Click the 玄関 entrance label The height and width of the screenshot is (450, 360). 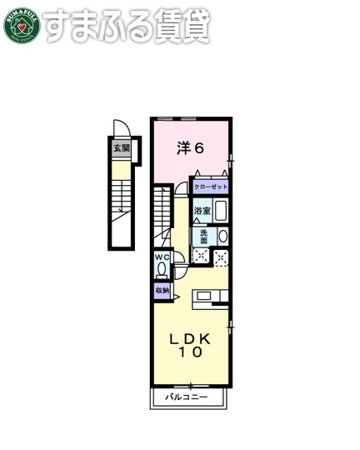click(122, 148)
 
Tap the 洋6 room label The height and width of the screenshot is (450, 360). click(190, 148)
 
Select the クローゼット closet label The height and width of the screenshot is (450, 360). click(211, 187)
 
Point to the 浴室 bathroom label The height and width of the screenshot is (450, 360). click(202, 212)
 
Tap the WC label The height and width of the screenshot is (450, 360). click(162, 258)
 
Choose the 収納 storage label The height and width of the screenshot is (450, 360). click(162, 290)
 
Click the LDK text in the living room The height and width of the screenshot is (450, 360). click(191, 338)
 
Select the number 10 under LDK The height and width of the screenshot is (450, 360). click(191, 353)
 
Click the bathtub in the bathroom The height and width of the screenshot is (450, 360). click(221, 211)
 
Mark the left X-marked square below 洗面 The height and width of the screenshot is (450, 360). click(201, 257)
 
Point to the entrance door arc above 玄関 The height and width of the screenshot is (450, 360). click(122, 127)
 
